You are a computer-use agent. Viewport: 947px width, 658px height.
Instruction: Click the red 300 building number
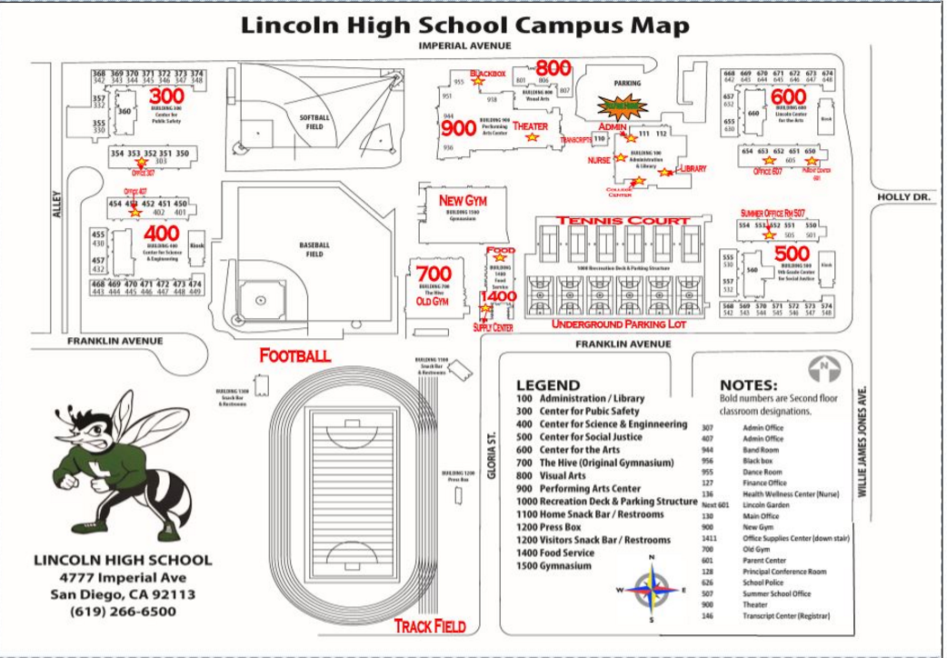166,96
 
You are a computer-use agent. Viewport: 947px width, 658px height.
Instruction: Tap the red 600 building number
789,96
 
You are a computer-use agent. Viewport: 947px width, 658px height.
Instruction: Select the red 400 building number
161,234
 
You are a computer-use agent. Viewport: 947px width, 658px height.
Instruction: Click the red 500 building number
792,253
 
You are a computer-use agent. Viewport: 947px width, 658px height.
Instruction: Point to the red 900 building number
459,128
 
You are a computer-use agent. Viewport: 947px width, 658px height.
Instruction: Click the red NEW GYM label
463,200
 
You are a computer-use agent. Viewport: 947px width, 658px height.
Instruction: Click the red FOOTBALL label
294,355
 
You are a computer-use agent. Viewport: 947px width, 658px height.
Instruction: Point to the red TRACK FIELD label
430,626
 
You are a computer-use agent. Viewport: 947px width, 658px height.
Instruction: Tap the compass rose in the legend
651,590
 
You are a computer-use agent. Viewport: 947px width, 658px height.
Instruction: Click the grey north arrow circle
821,369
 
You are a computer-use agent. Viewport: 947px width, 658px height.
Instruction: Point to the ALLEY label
56,204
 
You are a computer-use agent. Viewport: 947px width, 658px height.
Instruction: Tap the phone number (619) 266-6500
123,612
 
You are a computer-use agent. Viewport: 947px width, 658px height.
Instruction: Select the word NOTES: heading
748,384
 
